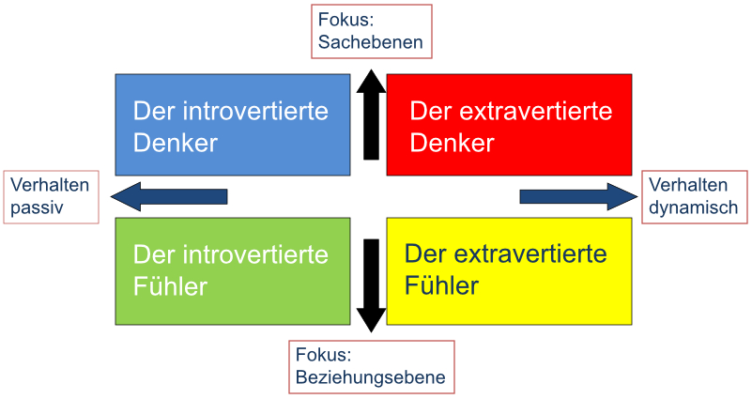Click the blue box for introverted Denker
coord(233,125)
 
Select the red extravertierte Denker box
coord(510,125)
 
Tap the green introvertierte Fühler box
coord(233,271)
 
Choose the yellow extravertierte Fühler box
coord(510,271)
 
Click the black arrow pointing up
coord(371,115)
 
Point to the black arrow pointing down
coord(371,285)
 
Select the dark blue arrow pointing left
coord(169,196)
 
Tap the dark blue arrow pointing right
coord(579,196)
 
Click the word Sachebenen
coord(370,42)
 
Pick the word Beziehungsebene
coord(370,377)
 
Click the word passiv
coord(37,207)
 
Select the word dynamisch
coord(693,207)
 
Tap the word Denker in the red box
coord(452,143)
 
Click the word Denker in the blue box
coord(175,143)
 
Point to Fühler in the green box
coord(170,286)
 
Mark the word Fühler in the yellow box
coord(441,285)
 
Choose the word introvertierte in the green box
coord(255,254)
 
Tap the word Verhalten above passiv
coord(50,185)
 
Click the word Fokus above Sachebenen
coord(345,20)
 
